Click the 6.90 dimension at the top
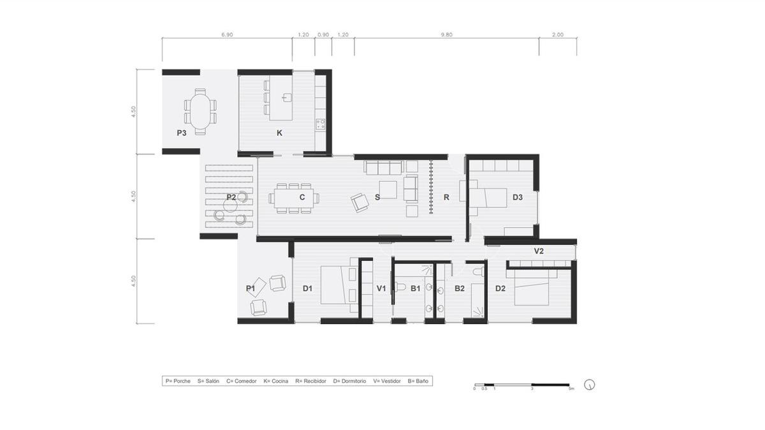(227, 35)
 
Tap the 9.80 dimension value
(446, 35)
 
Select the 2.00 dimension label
(558, 35)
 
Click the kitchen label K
(279, 133)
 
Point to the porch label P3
(181, 133)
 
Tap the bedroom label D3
(518, 197)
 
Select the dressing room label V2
(539, 251)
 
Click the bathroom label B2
(460, 288)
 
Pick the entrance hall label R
(446, 197)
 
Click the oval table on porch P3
(200, 112)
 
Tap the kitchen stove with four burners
(320, 124)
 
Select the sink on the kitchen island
(287, 98)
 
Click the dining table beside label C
(294, 198)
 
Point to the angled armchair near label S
(360, 203)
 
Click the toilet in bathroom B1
(400, 287)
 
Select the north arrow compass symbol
(590, 385)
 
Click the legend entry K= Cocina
(275, 381)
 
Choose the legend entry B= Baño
(418, 381)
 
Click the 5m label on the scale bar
(571, 389)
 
